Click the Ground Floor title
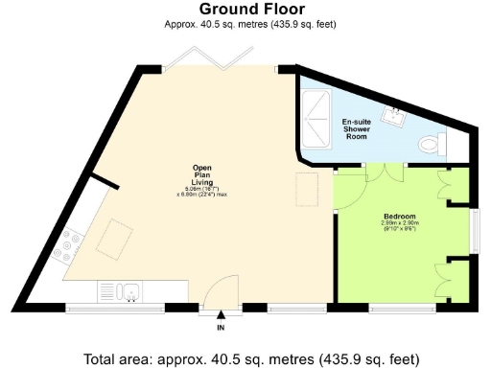pyautogui.click(x=245, y=10)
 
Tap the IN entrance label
pyautogui.click(x=220, y=328)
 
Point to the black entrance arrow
pyautogui.click(x=221, y=314)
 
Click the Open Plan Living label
pyautogui.click(x=200, y=177)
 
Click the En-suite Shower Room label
pyautogui.click(x=358, y=127)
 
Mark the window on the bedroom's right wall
pyautogui.click(x=474, y=229)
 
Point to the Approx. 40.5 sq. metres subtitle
pyautogui.click(x=245, y=23)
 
